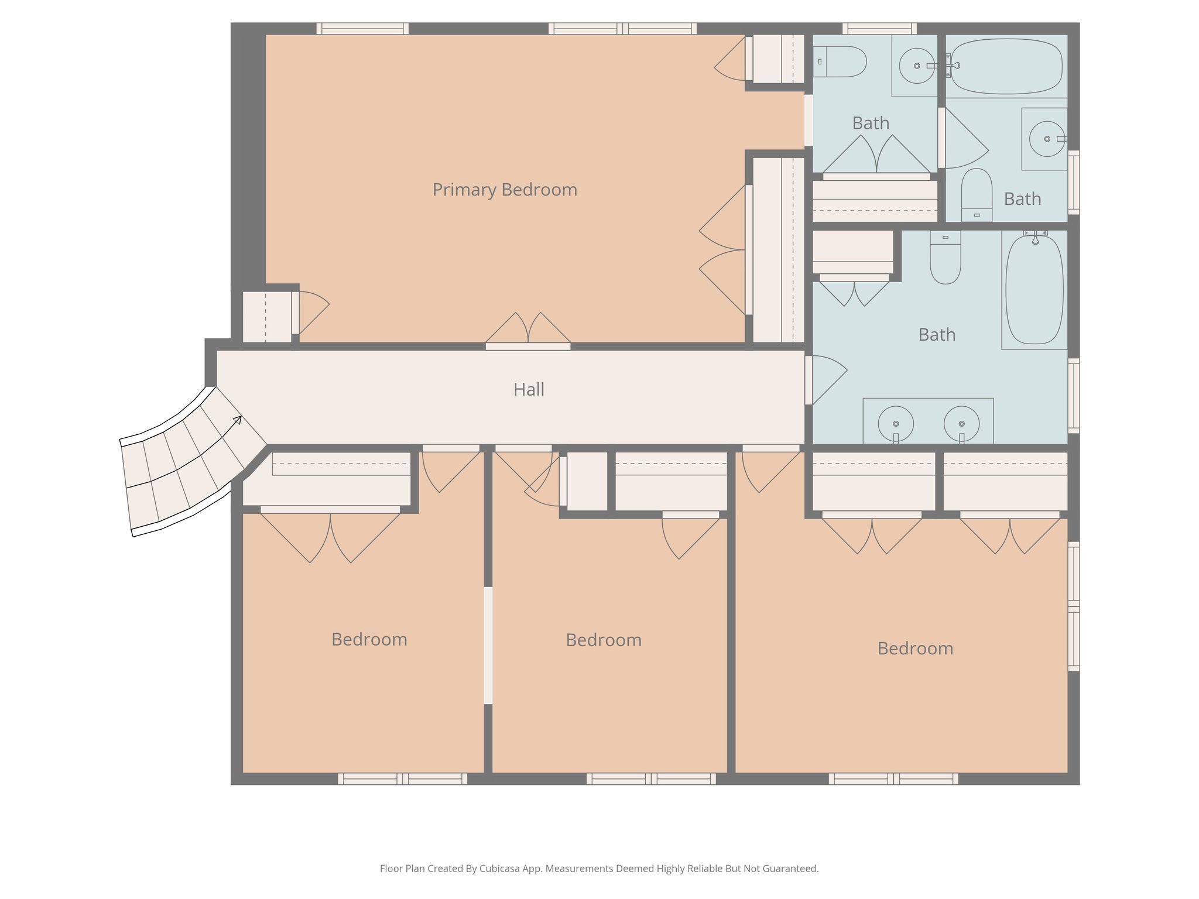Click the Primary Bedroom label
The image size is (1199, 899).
pos(505,190)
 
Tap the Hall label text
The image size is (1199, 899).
pos(529,389)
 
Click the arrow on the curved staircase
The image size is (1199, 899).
pos(237,419)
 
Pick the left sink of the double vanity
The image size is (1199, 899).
pos(895,423)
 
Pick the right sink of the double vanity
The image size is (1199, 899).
pos(961,423)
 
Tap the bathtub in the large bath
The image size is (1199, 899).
pos(1034,290)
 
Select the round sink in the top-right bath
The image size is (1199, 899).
pos(1046,139)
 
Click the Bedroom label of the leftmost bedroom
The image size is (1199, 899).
pos(369,639)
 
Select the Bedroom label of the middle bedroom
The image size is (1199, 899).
pos(604,640)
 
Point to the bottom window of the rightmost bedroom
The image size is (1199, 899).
pos(893,778)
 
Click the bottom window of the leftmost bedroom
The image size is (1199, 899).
pos(403,778)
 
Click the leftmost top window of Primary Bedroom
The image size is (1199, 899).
pos(362,28)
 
